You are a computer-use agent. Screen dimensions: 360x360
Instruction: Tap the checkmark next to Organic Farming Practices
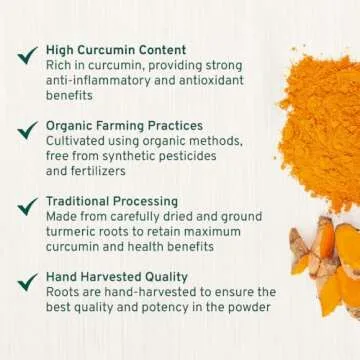(27, 131)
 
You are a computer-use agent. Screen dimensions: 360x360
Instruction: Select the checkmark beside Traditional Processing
(27, 206)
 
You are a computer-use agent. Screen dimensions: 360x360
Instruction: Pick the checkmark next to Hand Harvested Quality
(27, 282)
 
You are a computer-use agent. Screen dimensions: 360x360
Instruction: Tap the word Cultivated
(78, 141)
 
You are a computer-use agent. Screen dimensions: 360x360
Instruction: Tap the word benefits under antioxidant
(72, 96)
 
